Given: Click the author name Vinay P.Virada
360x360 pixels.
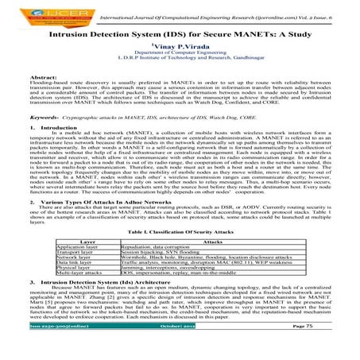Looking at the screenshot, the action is coord(180,47).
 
